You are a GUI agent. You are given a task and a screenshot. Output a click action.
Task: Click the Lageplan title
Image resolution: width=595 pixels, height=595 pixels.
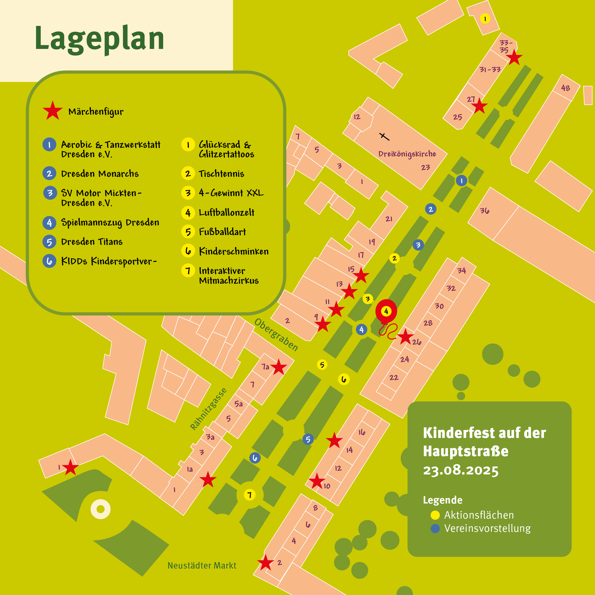tap(99, 39)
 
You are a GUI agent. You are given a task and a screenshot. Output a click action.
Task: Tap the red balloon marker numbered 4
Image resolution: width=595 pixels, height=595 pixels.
tap(386, 311)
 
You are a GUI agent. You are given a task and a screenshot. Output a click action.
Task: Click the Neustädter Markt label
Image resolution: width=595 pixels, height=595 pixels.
tap(202, 565)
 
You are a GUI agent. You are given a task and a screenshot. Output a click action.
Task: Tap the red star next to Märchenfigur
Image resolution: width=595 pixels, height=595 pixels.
tap(53, 111)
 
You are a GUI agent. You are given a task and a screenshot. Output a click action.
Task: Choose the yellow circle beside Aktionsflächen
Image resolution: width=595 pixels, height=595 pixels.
tap(435, 515)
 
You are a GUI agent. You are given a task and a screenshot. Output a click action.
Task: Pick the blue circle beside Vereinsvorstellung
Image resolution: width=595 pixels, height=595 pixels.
tap(435, 528)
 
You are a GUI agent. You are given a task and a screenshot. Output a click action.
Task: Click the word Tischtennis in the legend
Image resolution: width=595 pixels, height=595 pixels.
tap(221, 174)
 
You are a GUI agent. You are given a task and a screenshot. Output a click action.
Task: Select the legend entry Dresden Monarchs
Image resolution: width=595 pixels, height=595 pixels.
tap(100, 174)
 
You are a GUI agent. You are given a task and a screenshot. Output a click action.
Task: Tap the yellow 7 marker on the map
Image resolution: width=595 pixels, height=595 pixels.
tap(249, 495)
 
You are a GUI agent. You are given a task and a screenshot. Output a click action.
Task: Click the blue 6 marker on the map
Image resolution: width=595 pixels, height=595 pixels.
tap(255, 458)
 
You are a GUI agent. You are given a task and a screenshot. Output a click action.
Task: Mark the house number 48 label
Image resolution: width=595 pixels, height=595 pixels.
tap(565, 88)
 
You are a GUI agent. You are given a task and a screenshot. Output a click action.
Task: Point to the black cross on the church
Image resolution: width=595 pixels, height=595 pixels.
tap(384, 136)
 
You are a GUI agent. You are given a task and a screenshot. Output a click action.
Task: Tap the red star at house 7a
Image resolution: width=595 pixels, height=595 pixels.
tap(279, 367)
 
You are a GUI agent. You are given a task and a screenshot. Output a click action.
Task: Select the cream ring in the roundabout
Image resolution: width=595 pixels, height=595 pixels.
tap(100, 509)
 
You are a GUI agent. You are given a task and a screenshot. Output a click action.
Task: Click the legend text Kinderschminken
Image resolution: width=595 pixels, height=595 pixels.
tap(234, 251)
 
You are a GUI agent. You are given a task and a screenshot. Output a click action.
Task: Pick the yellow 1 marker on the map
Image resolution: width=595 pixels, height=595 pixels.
tap(485, 19)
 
